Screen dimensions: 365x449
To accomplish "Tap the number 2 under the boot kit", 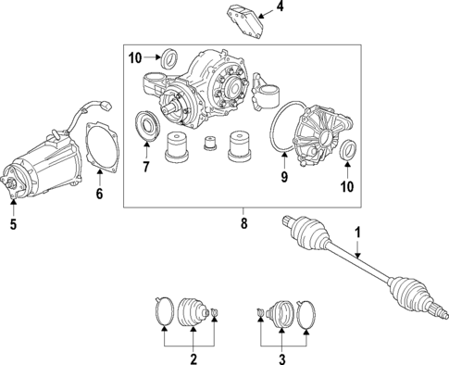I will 193,358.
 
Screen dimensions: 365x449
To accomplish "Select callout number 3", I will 282,358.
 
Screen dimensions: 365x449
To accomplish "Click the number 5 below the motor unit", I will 12,222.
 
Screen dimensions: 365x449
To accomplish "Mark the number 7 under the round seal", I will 144,167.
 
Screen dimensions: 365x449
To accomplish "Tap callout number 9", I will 283,175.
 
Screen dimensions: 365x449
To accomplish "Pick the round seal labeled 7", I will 146,127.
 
